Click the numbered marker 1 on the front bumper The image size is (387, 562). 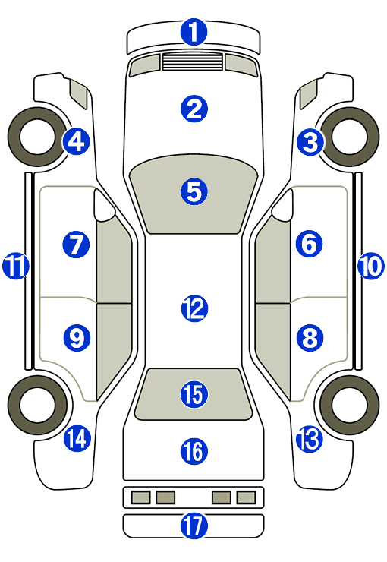tap(193, 32)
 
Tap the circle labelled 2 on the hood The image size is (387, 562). tap(194, 109)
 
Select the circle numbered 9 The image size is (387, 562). tap(77, 338)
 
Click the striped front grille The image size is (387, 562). tap(193, 62)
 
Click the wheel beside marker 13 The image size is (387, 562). tap(349, 406)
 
